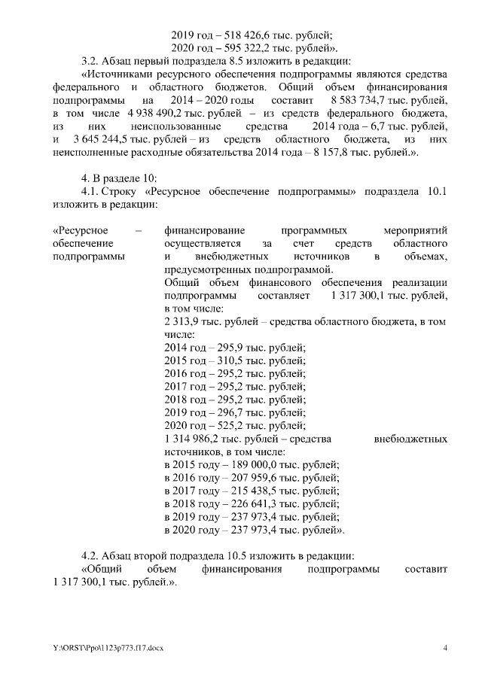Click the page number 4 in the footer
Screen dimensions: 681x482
pos(445,648)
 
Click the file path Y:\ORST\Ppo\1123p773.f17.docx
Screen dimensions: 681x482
pos(97,648)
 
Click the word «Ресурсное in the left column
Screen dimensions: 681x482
pos(81,230)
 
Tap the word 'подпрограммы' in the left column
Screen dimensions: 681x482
pos(89,257)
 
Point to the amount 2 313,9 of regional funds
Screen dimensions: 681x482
pos(182,321)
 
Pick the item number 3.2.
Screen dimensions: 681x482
pos(90,60)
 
